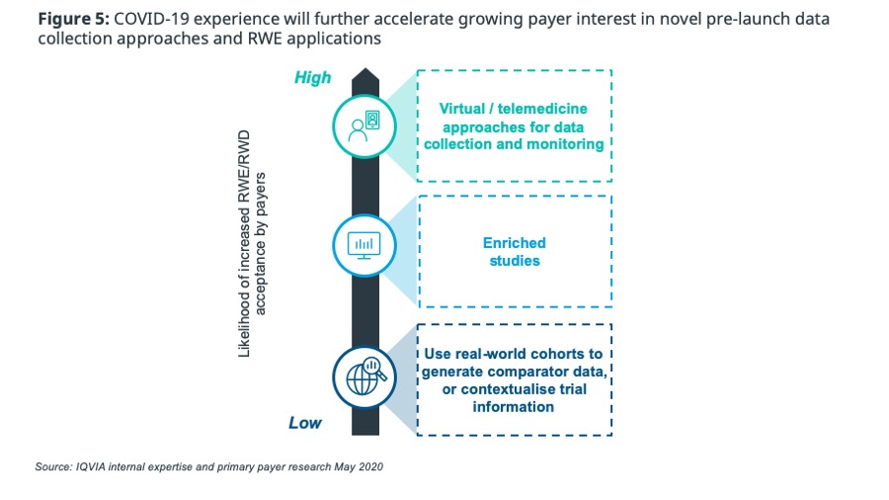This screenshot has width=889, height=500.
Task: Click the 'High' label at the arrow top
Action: tap(312, 77)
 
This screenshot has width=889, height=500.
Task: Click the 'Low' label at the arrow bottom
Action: tap(305, 423)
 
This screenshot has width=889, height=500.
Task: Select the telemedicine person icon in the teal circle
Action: tap(364, 126)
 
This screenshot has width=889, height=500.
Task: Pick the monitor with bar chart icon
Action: tap(364, 243)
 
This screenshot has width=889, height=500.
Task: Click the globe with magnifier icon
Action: tap(364, 375)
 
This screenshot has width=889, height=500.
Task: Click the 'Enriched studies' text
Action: tap(514, 252)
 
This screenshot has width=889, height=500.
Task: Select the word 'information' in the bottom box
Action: tap(514, 406)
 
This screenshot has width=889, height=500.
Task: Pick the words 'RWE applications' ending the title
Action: tap(319, 40)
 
